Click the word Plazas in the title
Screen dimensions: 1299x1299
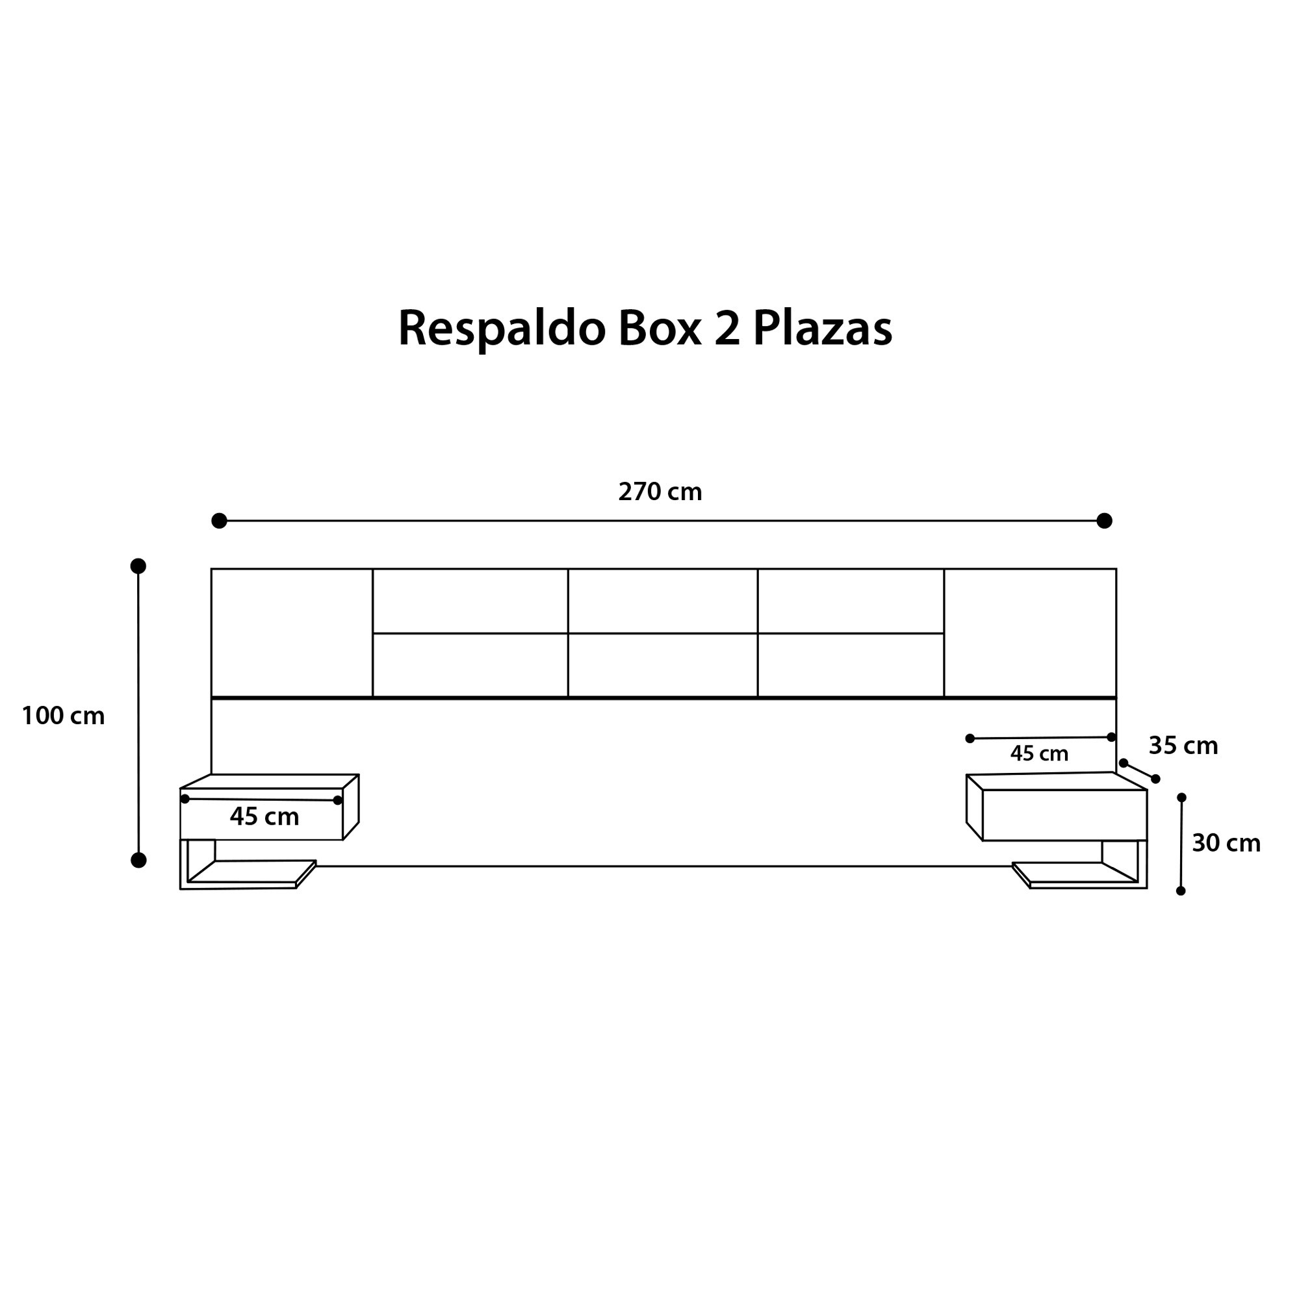(822, 329)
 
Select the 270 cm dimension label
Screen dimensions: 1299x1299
(660, 492)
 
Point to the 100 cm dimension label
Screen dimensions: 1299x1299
(63, 716)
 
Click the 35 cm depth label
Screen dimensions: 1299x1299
(1183, 746)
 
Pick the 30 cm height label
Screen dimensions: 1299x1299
(1226, 843)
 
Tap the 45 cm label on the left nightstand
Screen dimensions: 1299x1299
(264, 816)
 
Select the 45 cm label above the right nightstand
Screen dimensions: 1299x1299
(1039, 753)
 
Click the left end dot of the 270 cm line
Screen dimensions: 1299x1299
(219, 521)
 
